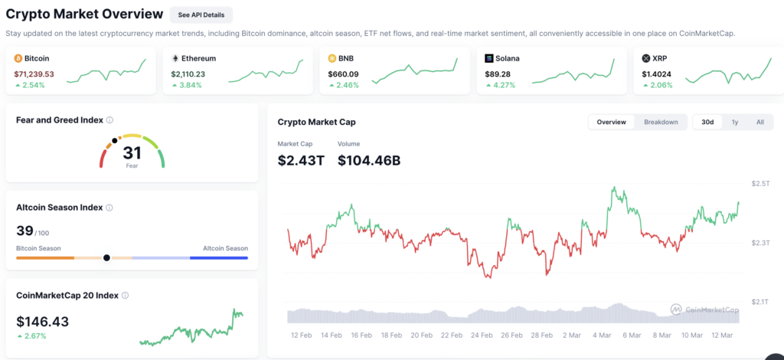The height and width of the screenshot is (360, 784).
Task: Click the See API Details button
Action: pos(201,15)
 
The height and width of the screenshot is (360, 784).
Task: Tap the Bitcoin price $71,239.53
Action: pos(34,74)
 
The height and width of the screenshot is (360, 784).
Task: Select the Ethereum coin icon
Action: pos(175,58)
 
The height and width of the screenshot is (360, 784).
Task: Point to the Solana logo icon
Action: pos(489,58)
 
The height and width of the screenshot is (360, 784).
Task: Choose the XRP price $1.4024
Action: pos(656,74)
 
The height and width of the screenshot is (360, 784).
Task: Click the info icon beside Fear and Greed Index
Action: pos(109,120)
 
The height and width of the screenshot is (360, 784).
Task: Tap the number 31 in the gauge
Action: pos(132,152)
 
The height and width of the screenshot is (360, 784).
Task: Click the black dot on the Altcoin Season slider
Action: pos(106,258)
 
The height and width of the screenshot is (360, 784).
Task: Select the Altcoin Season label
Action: pos(226,248)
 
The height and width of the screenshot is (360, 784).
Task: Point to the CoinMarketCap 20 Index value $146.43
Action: pos(43,322)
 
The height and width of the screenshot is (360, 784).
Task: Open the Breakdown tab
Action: pos(661,122)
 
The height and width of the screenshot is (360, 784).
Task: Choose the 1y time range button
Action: pos(735,122)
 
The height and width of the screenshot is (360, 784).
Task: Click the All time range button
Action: pos(760,122)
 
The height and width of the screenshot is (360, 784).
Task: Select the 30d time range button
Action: pos(707,122)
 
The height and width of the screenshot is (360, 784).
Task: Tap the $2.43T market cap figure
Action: pos(301,160)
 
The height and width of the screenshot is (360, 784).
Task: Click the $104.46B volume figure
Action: pos(369,160)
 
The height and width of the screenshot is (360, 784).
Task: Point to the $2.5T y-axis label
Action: pos(760,184)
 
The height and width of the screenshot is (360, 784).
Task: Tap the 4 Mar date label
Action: pos(603,335)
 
